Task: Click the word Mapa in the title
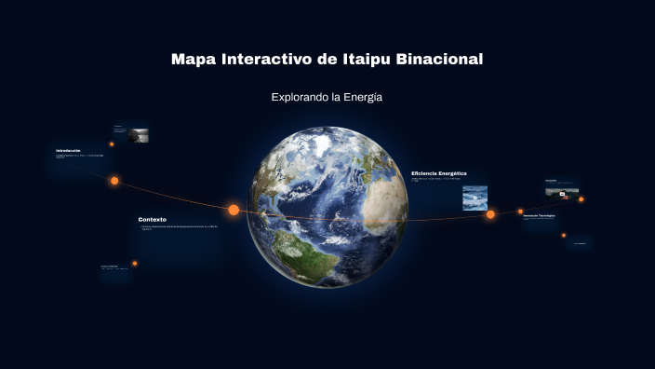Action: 194,60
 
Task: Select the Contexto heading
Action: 153,220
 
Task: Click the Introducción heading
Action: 68,151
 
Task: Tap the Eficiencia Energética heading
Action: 439,173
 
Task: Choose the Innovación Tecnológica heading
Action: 539,215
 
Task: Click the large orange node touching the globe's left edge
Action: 234,210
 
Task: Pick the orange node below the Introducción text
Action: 114,181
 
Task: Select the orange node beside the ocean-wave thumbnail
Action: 490,214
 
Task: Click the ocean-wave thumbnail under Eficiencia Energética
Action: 475,198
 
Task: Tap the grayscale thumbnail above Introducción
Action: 140,135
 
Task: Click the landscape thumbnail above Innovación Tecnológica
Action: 561,192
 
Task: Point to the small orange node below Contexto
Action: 135,263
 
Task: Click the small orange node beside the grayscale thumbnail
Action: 112,144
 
